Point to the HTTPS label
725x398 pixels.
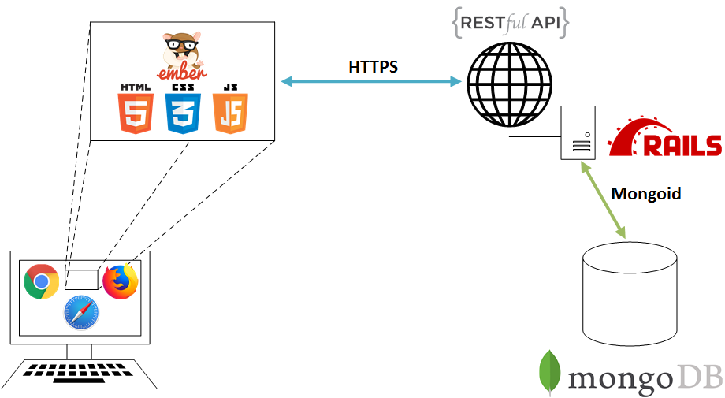[x=373, y=67]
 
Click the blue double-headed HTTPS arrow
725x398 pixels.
[x=371, y=81]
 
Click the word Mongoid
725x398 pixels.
[x=646, y=193]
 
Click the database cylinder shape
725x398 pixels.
[x=629, y=292]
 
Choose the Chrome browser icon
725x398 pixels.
[x=42, y=281]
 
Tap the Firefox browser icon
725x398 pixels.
[x=121, y=281]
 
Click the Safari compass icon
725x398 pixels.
[x=81, y=311]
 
